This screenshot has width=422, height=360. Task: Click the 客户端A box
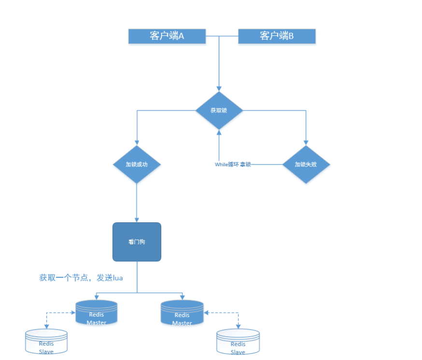coord(167,36)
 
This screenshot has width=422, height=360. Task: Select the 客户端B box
coord(277,36)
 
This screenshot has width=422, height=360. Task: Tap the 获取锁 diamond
coord(219,110)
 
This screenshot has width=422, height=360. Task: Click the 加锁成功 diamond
coord(137,164)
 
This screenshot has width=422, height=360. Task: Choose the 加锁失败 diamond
coord(306,164)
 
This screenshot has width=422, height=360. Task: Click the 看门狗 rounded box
coord(137,242)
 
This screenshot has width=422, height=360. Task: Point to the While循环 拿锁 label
coord(233,165)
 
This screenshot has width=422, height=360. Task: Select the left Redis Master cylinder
coord(97,313)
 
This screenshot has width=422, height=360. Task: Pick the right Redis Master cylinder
coord(183,313)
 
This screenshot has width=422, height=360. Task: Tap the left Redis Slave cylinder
coord(46,342)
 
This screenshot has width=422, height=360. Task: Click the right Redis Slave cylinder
coord(238,342)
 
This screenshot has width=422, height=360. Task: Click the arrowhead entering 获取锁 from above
coord(219,88)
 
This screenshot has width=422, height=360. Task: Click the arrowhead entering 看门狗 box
coord(137,220)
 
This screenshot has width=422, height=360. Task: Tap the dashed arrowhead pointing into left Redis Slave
coord(46,327)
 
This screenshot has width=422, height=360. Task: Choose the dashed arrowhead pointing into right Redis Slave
coord(238,327)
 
